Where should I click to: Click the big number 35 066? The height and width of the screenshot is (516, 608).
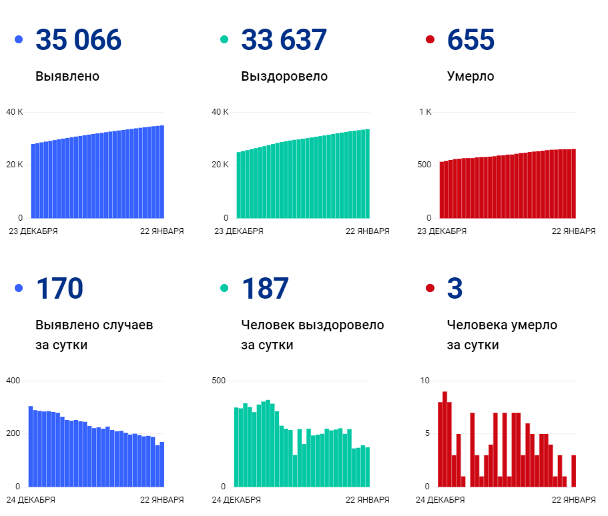click(x=79, y=40)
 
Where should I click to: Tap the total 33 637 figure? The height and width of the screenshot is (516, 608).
click(x=284, y=40)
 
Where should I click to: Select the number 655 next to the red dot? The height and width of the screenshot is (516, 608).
click(x=471, y=40)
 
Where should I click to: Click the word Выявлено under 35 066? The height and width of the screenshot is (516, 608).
click(x=67, y=77)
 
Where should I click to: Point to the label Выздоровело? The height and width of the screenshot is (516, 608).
click(x=284, y=77)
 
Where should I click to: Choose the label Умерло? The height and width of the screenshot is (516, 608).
click(x=471, y=77)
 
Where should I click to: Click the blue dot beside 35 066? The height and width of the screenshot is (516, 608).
click(x=19, y=40)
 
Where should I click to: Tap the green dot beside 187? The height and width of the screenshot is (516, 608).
click(x=224, y=288)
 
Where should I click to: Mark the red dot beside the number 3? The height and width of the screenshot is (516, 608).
click(x=430, y=288)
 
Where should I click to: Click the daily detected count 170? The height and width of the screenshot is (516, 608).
click(x=59, y=288)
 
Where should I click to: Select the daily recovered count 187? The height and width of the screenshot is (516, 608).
click(x=265, y=288)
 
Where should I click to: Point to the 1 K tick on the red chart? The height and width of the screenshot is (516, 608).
click(x=425, y=112)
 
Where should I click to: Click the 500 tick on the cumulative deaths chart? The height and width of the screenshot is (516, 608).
click(x=424, y=165)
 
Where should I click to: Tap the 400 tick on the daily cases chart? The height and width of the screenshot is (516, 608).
click(x=13, y=381)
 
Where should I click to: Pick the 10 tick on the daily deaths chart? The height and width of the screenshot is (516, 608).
click(x=425, y=381)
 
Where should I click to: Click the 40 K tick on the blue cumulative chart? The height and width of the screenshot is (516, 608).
click(x=14, y=112)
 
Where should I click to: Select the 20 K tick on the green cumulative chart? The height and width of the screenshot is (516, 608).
click(x=220, y=165)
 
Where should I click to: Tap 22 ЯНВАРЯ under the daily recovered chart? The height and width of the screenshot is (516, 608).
click(x=367, y=499)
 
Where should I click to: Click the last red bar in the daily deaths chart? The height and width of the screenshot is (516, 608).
click(x=573, y=471)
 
